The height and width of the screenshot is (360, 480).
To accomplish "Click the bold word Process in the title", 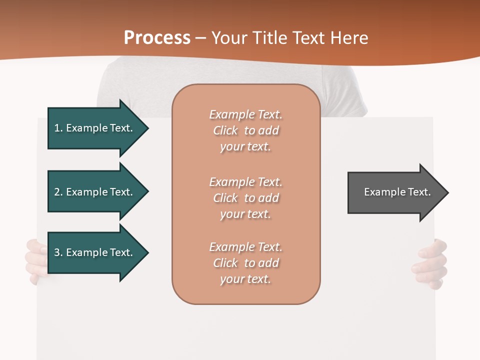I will coord(157,38).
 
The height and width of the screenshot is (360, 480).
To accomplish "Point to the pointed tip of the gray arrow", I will coord(447,192).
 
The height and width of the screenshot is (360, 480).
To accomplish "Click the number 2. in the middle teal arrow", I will coord(58,192).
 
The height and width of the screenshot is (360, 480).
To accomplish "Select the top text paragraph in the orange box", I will coord(245,130).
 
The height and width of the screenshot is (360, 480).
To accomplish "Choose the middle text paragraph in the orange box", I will coord(245,198).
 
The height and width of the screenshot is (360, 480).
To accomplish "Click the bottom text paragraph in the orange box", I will coord(245,263).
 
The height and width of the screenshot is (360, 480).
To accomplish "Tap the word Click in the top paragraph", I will coord(225,130).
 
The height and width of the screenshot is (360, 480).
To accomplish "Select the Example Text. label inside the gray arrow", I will coord(397,192).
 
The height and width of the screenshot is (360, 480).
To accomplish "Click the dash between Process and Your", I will coord(201,38).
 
